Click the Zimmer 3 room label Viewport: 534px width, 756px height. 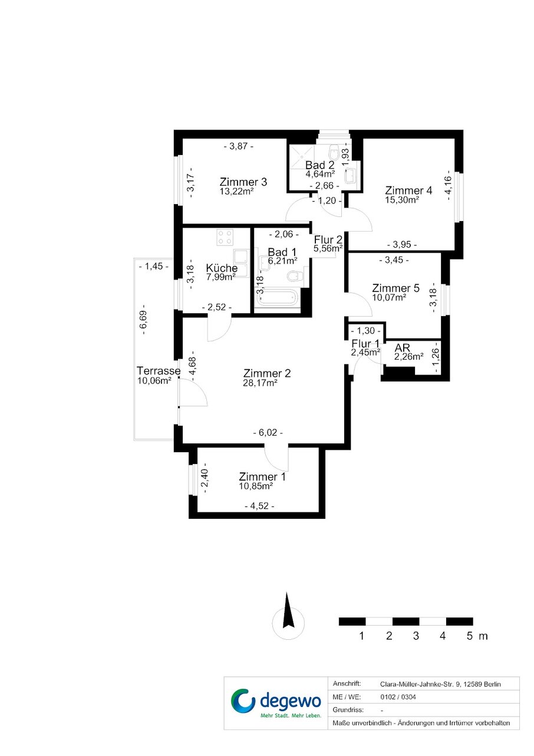click(243, 182)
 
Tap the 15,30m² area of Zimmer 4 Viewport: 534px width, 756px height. click(402, 200)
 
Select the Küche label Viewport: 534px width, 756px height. click(222, 268)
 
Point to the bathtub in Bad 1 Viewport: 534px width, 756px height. click(277, 298)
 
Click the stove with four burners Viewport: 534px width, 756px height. click(225, 236)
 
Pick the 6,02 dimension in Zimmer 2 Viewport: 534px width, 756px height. click(268, 433)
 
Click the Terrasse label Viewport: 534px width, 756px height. click(159, 370)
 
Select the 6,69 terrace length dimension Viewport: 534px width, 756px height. click(144, 323)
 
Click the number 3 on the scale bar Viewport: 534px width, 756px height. click(416, 636)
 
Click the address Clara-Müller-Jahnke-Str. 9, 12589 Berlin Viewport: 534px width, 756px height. click(440, 685)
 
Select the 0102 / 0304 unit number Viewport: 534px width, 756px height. click(398, 697)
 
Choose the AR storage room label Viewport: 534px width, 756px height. click(402, 347)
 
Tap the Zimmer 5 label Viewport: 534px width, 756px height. click(395, 288)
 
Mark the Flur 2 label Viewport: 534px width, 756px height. click(328, 240)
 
